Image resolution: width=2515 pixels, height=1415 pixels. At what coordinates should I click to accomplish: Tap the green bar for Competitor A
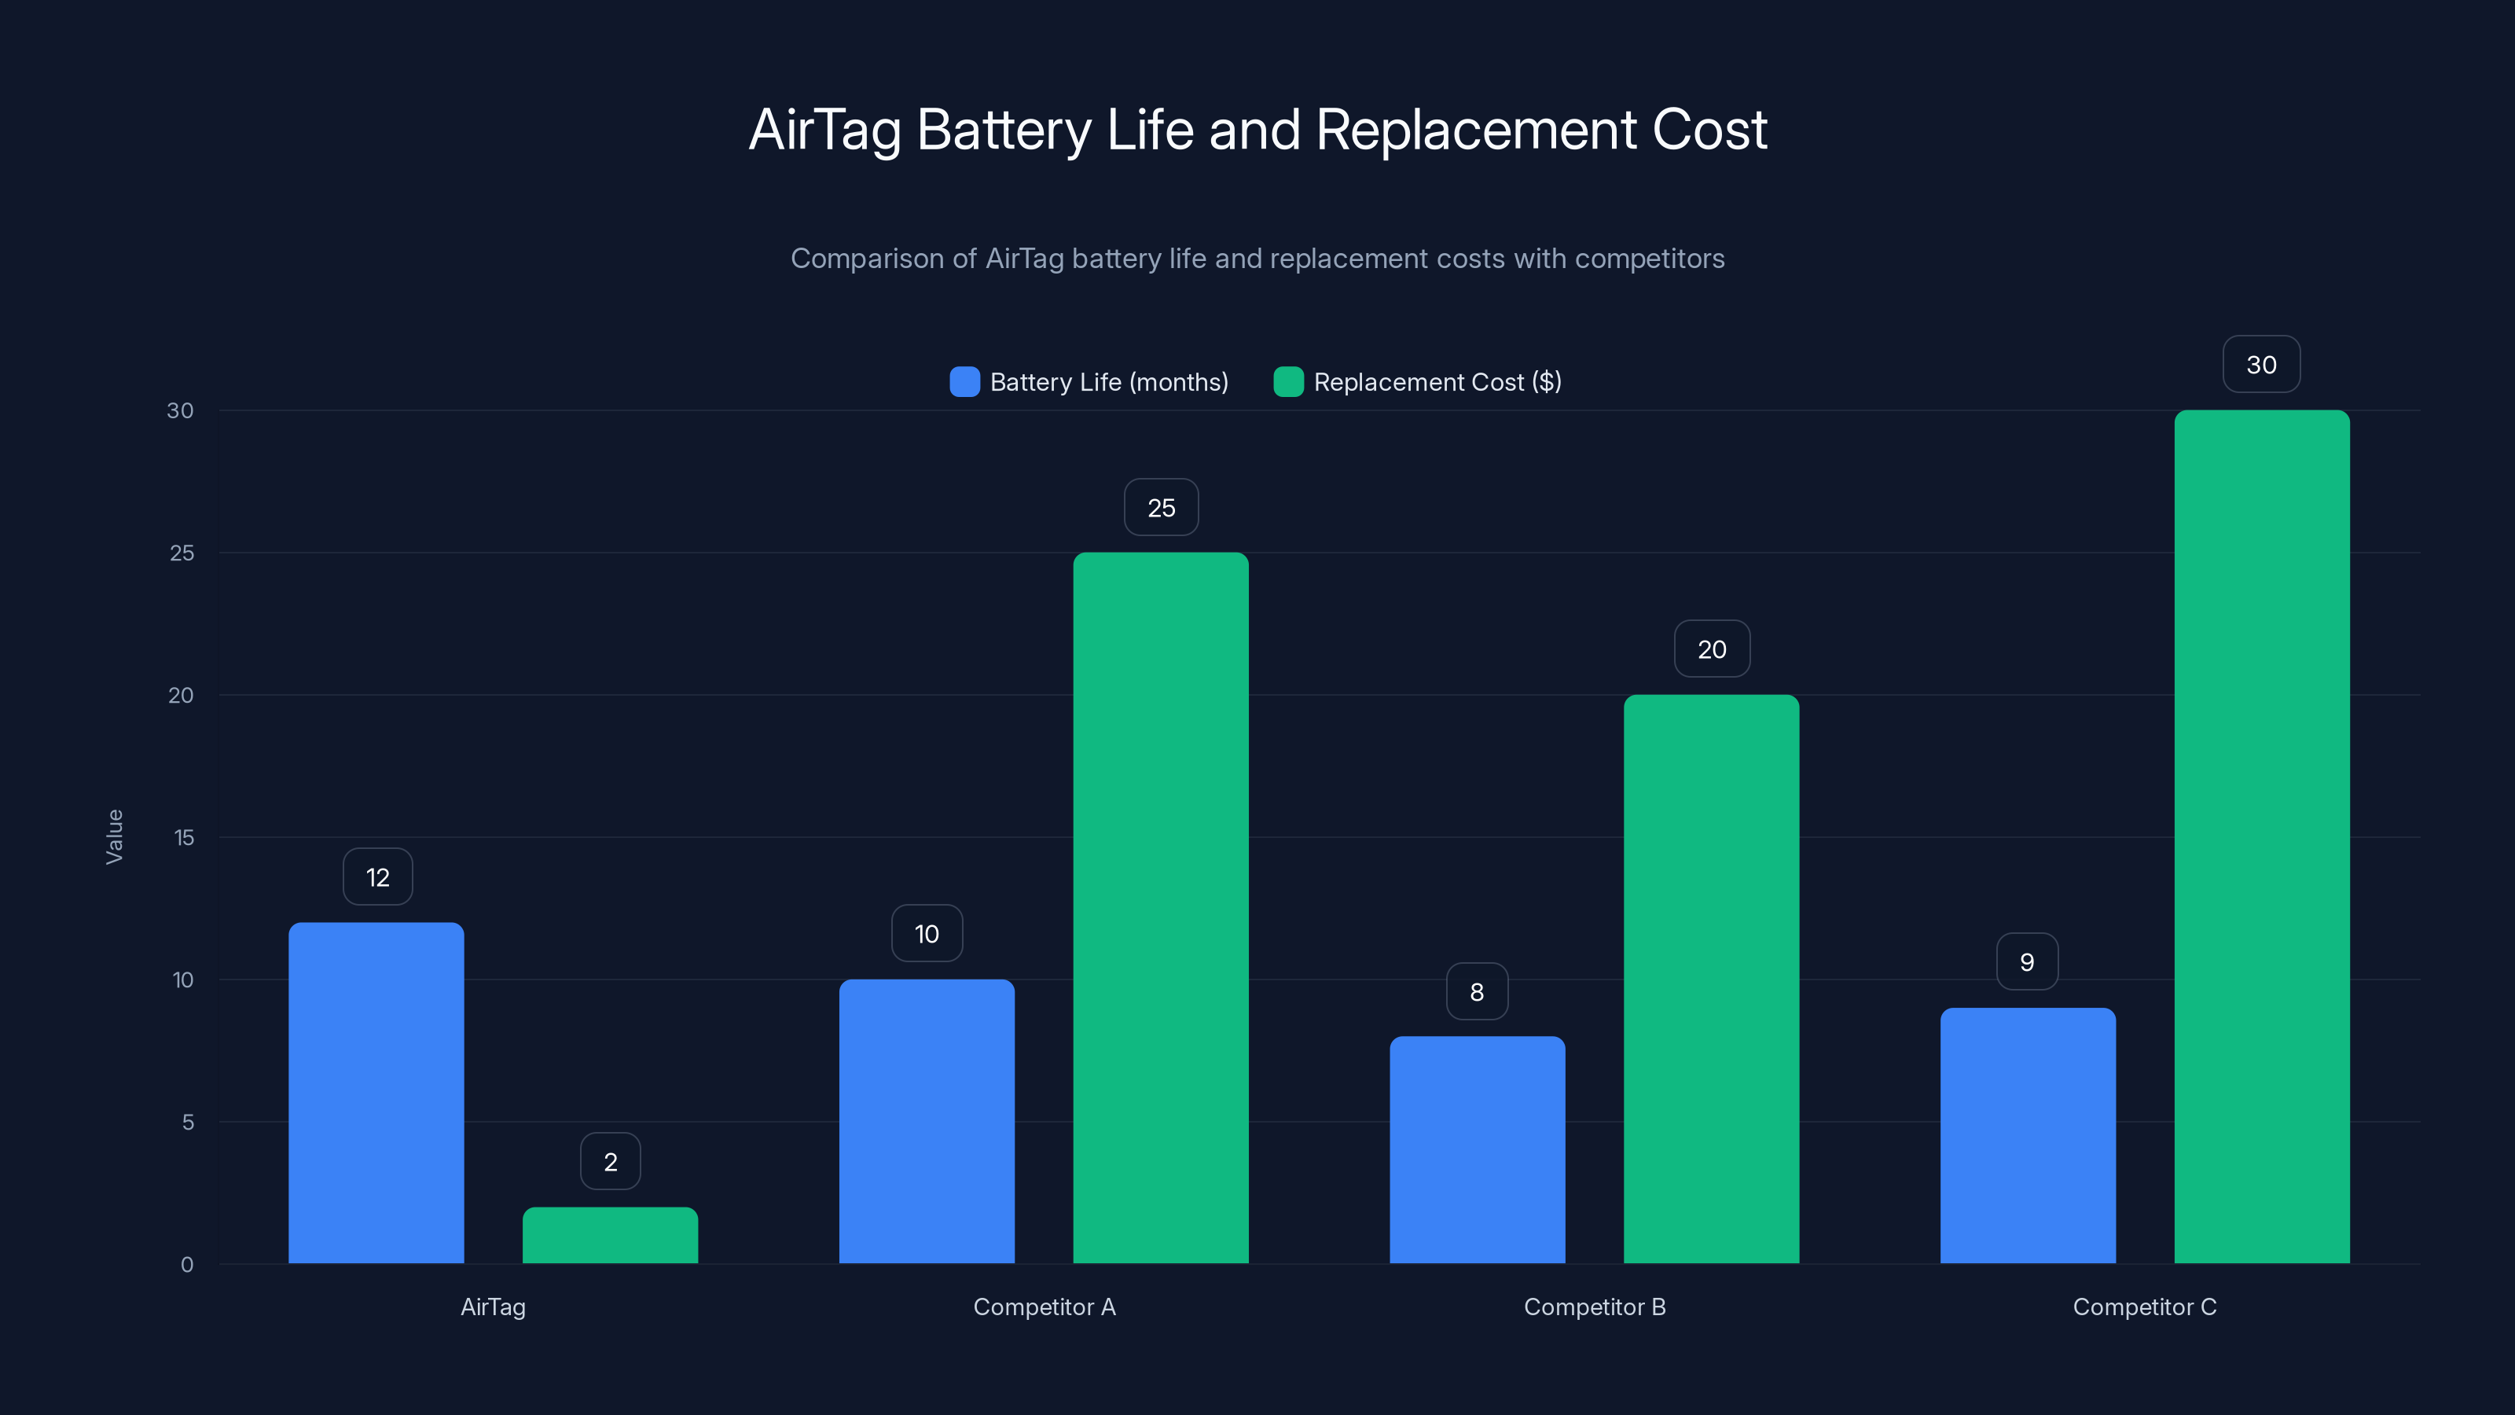[1161, 907]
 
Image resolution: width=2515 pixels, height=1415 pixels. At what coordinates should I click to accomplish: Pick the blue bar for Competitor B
[1478, 1149]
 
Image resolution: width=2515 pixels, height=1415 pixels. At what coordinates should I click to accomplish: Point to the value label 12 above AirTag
[378, 877]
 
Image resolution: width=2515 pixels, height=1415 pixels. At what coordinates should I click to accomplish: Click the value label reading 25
[1161, 508]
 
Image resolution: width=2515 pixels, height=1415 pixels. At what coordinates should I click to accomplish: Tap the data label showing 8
[1478, 992]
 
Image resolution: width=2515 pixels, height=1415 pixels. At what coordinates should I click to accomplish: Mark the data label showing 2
[610, 1161]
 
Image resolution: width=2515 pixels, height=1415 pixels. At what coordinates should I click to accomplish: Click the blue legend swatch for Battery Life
[964, 382]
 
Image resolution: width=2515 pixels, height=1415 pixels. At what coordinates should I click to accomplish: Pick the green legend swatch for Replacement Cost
[1288, 382]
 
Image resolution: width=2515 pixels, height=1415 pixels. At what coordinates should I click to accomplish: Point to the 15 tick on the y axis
[184, 837]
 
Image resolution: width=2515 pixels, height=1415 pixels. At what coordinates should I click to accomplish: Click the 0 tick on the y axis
[186, 1265]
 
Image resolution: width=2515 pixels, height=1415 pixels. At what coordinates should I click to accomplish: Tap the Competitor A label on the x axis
[1044, 1307]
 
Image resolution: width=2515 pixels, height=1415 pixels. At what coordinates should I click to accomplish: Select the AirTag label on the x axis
[493, 1307]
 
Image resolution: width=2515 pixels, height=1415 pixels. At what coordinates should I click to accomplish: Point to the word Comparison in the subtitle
[883, 259]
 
